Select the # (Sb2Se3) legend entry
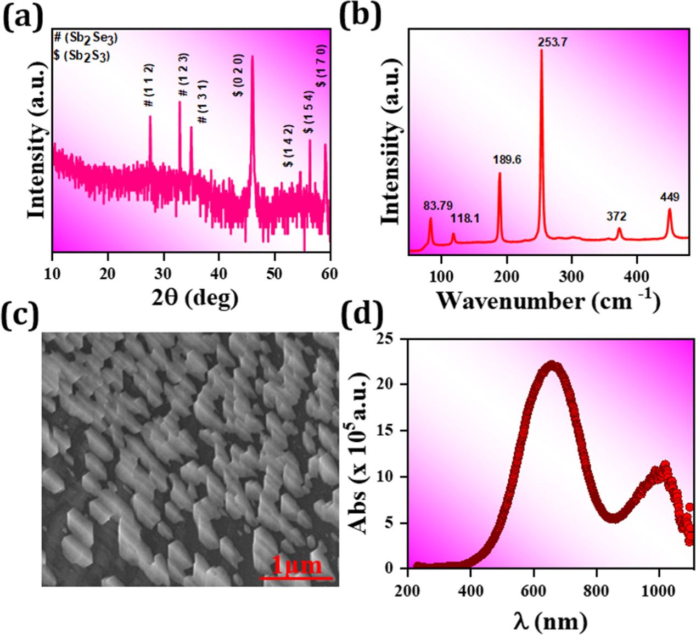click(x=85, y=37)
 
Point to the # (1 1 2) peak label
click(x=149, y=85)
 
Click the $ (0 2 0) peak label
click(x=238, y=75)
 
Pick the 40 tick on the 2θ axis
click(x=218, y=273)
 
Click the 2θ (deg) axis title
click(x=195, y=297)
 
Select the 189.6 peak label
click(x=507, y=160)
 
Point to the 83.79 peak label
click(x=437, y=206)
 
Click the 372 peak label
click(x=616, y=216)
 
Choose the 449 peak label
click(x=670, y=197)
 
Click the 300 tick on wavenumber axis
click(x=571, y=276)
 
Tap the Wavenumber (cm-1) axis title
click(x=548, y=301)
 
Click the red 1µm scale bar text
click(x=296, y=565)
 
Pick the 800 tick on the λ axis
click(x=596, y=591)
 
